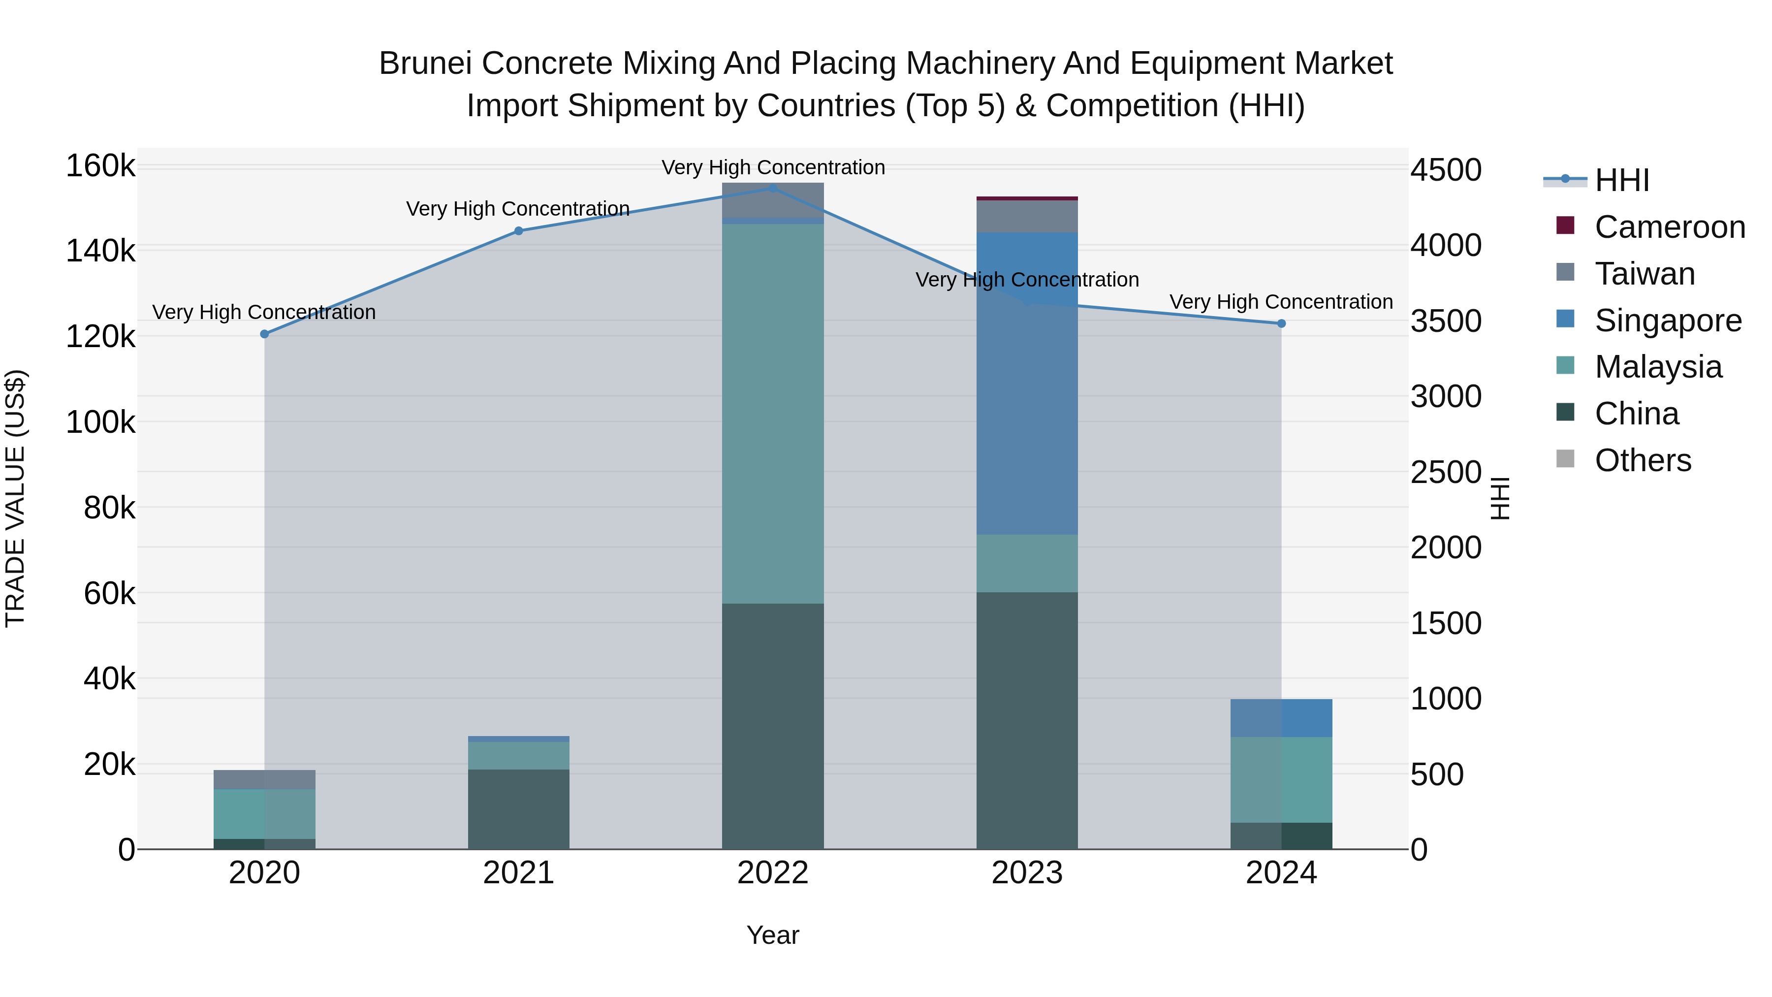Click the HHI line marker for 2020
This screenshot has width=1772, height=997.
(x=265, y=334)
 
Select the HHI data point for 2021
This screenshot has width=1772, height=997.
(x=519, y=231)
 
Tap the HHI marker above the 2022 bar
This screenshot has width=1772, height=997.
(x=772, y=189)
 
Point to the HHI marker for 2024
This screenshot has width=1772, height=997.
(x=1281, y=323)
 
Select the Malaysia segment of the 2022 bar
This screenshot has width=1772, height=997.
(x=772, y=413)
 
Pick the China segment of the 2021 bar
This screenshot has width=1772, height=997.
(x=519, y=809)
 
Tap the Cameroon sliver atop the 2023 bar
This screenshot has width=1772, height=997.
(x=1027, y=198)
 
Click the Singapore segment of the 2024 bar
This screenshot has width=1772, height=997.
(x=1281, y=718)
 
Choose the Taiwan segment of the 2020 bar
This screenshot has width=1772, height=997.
(x=265, y=779)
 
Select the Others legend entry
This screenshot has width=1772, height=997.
(x=1643, y=460)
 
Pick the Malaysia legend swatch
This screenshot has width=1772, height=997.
(x=1565, y=365)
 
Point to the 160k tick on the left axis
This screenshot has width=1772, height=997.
(x=100, y=166)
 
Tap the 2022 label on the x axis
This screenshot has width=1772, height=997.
(x=772, y=873)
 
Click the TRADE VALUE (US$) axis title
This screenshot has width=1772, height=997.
(x=15, y=498)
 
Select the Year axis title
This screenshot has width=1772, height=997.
(x=772, y=935)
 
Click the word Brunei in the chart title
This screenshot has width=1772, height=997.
(x=426, y=64)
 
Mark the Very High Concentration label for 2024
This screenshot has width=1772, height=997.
(x=1281, y=302)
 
